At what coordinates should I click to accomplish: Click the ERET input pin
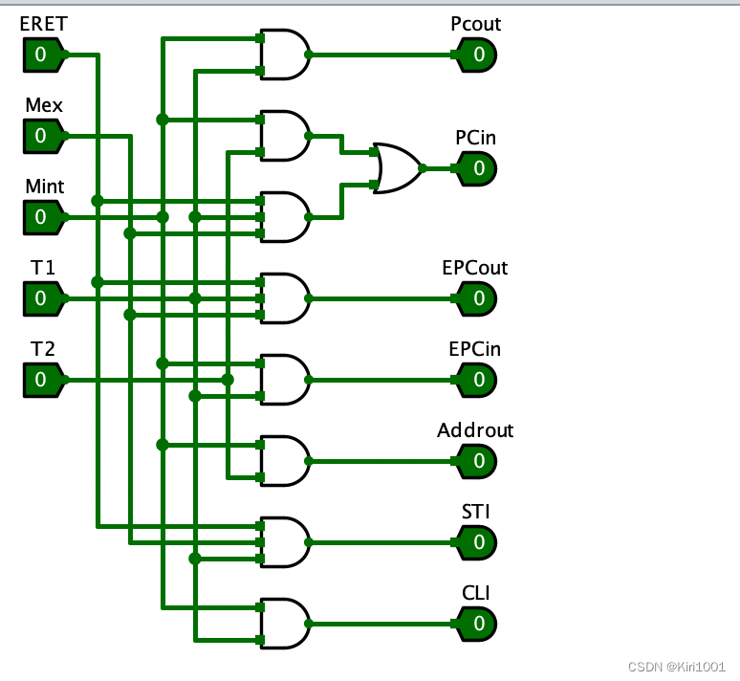coord(43,55)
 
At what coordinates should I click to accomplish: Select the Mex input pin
coord(43,137)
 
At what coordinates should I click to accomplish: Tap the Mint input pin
coord(43,218)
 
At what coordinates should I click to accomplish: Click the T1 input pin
coord(43,299)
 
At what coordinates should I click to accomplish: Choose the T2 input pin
coord(43,381)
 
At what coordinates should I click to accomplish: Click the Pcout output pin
coord(476,55)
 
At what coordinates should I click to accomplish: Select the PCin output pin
coord(476,169)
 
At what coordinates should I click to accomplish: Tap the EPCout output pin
coord(476,299)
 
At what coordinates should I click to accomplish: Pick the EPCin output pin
coord(476,381)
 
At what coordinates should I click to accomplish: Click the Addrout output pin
coord(476,462)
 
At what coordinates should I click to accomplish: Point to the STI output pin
coord(476,543)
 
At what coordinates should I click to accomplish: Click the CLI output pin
coord(476,625)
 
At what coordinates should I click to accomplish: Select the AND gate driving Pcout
coord(286,55)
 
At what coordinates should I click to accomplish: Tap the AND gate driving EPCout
coord(286,299)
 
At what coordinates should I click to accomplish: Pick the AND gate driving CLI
coord(286,625)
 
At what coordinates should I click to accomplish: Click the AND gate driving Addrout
coord(286,462)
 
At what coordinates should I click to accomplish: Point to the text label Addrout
coord(475,430)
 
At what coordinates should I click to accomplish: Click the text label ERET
coord(44,24)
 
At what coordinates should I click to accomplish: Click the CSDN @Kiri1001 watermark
coord(669,667)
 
